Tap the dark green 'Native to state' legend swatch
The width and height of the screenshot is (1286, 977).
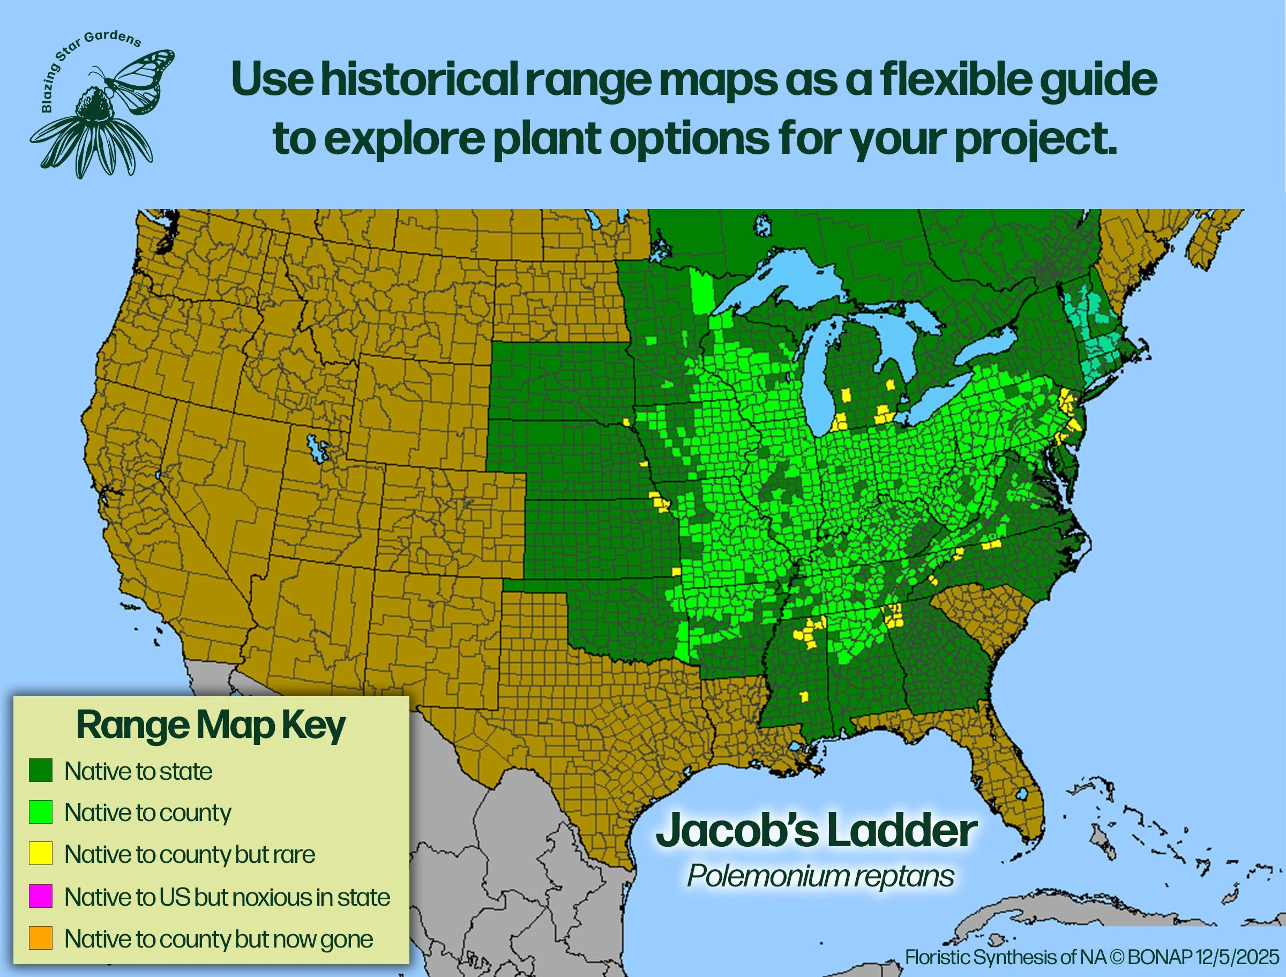coord(41,770)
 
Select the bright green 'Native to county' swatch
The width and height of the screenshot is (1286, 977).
coord(41,812)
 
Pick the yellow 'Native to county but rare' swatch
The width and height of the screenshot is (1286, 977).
coord(41,854)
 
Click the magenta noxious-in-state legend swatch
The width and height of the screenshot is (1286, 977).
coord(41,896)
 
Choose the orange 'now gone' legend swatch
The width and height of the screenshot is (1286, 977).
coord(41,938)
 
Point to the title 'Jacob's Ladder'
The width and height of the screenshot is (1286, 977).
coord(816,832)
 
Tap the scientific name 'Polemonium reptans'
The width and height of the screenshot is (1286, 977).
coord(820,876)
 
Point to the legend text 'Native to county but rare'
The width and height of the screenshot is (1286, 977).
coord(190,854)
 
